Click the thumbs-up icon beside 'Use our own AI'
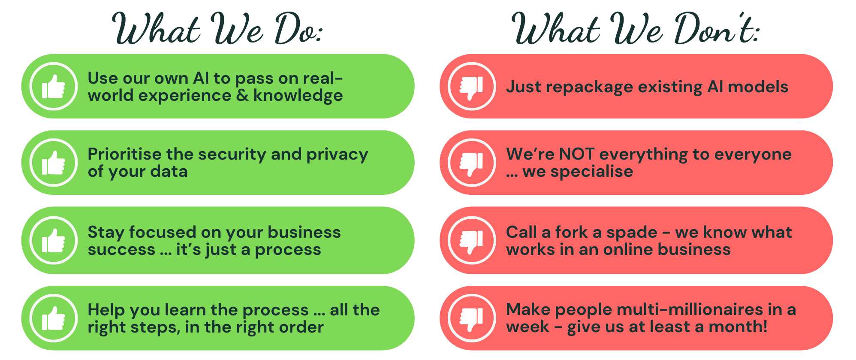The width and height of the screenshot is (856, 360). [x=54, y=86]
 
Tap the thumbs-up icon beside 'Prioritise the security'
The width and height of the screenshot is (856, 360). [x=54, y=163]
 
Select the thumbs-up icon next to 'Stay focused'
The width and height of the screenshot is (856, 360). [x=54, y=240]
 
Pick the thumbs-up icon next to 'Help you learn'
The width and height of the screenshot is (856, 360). [x=54, y=318]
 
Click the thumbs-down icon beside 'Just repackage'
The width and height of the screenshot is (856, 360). [x=472, y=86]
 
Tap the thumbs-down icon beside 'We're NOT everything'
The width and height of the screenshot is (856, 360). [x=472, y=163]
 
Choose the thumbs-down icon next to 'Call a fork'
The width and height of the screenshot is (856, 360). [x=472, y=240]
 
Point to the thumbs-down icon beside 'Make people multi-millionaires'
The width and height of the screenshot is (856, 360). [x=472, y=318]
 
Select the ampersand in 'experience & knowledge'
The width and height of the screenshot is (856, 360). [x=242, y=95]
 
